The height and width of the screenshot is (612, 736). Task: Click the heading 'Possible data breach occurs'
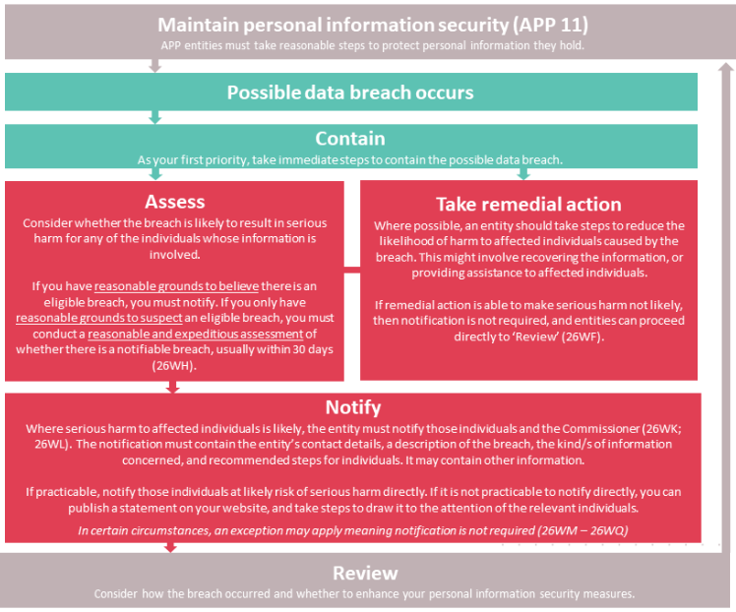[350, 92]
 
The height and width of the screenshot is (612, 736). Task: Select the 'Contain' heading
[350, 139]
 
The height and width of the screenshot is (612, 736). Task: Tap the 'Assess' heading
[174, 202]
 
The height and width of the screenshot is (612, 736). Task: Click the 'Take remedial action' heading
[528, 204]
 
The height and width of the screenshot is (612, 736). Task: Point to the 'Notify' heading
[353, 407]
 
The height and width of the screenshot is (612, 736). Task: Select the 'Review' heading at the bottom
[365, 573]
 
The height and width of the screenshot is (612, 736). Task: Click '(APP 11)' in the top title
[550, 26]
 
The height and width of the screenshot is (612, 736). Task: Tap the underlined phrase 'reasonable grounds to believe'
[176, 286]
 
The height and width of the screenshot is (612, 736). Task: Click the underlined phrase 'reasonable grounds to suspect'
[99, 318]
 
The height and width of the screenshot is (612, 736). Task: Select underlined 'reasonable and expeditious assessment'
[195, 334]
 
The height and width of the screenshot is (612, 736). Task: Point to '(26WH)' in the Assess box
[174, 366]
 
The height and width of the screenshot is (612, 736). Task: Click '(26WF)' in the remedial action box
[582, 337]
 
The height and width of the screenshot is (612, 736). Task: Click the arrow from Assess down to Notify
[173, 387]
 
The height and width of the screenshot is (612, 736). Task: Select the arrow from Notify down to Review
[170, 548]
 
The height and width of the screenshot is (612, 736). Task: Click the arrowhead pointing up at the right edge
[726, 68]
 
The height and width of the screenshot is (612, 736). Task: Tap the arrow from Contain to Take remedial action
[523, 174]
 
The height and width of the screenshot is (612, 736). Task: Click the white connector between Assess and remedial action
[352, 270]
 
